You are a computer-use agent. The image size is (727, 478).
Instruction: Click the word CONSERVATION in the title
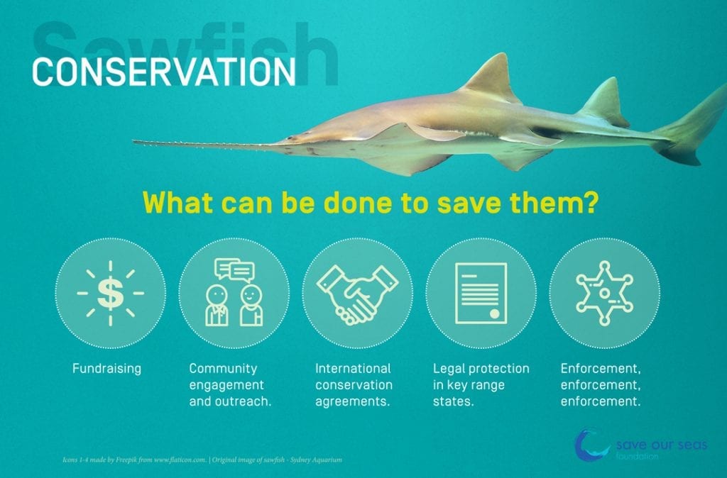point(164,72)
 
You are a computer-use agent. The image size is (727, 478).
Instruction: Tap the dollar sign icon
point(110,293)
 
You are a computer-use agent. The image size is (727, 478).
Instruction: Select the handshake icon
point(357,293)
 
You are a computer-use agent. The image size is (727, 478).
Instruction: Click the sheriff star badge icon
point(603,292)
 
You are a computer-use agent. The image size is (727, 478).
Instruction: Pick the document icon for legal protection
point(481,293)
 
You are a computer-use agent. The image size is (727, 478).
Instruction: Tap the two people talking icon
point(234,293)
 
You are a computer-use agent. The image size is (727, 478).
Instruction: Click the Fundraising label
point(106,369)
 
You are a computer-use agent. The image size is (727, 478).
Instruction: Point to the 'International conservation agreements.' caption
point(354,385)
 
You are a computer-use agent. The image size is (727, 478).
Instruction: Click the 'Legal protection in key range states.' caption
point(481,385)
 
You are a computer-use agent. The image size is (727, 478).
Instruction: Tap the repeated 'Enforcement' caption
point(603,385)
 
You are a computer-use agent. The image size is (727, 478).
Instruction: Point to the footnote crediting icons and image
point(202,460)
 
